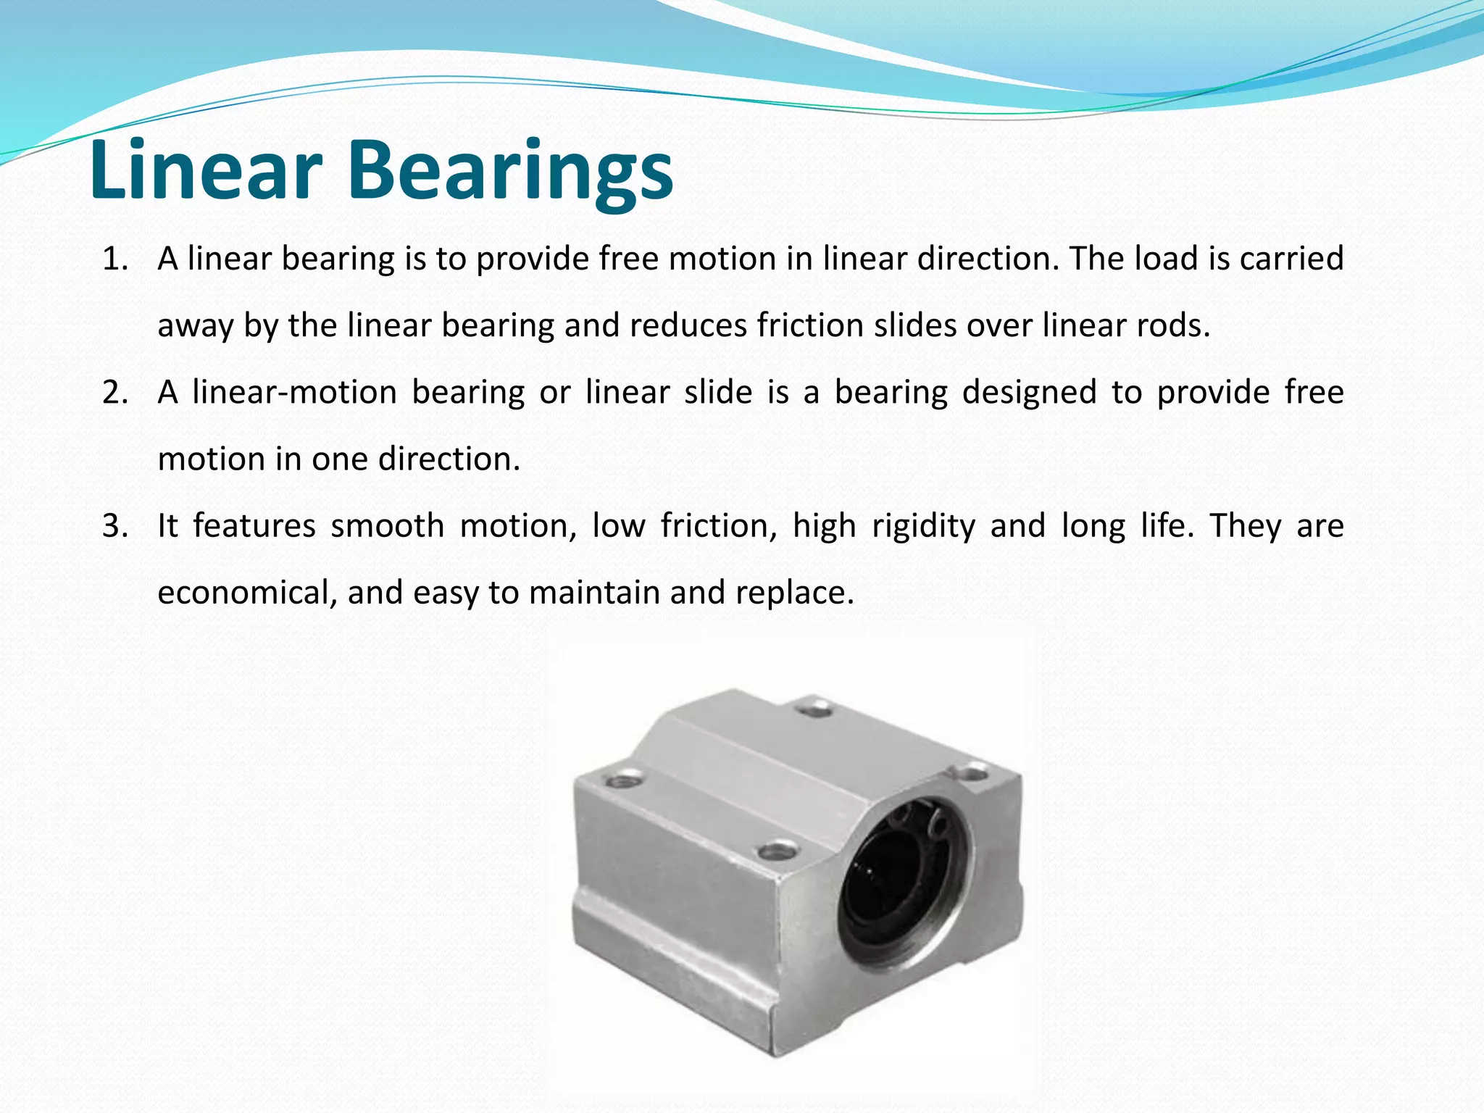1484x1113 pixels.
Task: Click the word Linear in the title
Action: click(x=206, y=170)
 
